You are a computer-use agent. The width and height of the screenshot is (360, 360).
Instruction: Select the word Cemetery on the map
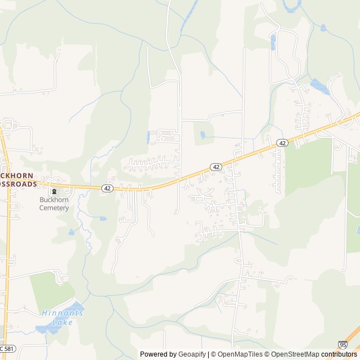(54, 208)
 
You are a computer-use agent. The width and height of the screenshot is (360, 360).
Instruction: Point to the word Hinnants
(62, 313)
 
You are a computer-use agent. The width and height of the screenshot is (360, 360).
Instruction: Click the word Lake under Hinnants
(58, 322)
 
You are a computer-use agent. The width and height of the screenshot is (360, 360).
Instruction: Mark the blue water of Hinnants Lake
(45, 328)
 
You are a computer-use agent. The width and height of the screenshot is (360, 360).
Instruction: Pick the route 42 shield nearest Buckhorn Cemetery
(107, 188)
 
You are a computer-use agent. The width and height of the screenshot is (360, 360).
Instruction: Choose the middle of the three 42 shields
(216, 167)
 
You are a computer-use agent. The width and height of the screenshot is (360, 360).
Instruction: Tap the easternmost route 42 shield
(282, 143)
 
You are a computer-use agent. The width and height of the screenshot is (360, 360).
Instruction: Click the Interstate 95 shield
(343, 344)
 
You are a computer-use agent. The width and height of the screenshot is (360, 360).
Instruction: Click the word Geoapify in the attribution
(191, 354)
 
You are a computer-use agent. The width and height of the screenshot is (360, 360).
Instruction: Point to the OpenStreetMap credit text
(294, 354)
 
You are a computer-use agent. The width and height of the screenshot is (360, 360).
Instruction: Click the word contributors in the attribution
(340, 354)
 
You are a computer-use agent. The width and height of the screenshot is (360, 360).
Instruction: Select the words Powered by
(158, 354)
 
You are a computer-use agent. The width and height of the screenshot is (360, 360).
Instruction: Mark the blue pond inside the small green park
(202, 135)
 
